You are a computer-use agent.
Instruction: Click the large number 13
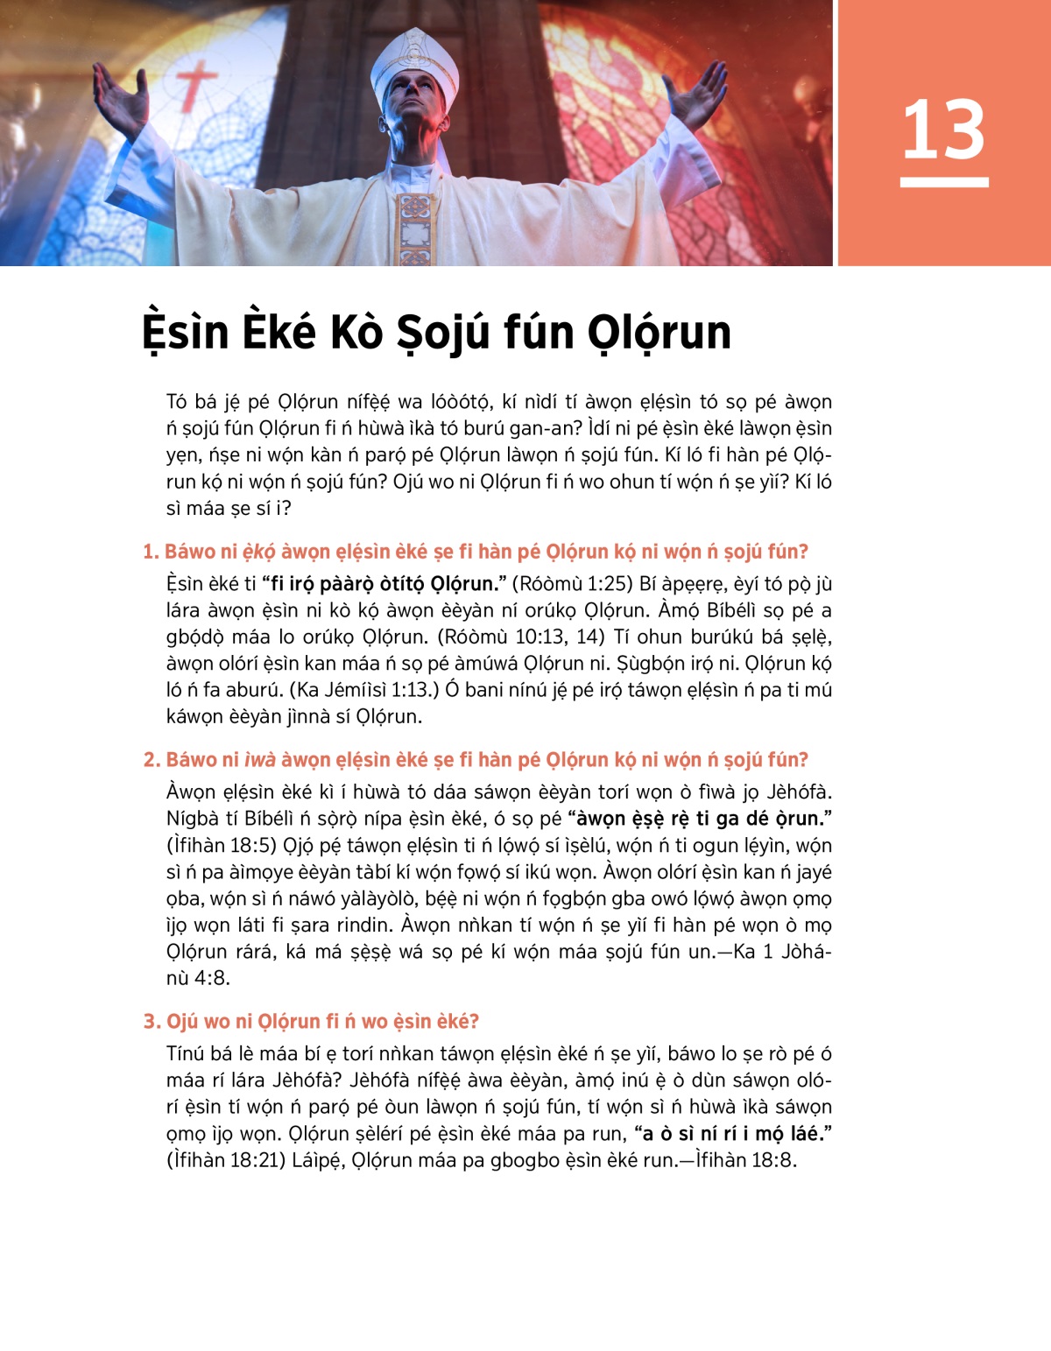point(943,130)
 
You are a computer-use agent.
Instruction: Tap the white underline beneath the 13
point(943,182)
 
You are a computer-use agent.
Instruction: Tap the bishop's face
point(414,103)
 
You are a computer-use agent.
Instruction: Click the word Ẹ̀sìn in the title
point(185,333)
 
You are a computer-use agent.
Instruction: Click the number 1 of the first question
point(150,552)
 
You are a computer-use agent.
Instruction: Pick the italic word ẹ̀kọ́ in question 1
point(258,552)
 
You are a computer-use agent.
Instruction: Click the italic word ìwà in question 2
point(259,759)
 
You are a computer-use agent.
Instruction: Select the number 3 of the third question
point(151,1021)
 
